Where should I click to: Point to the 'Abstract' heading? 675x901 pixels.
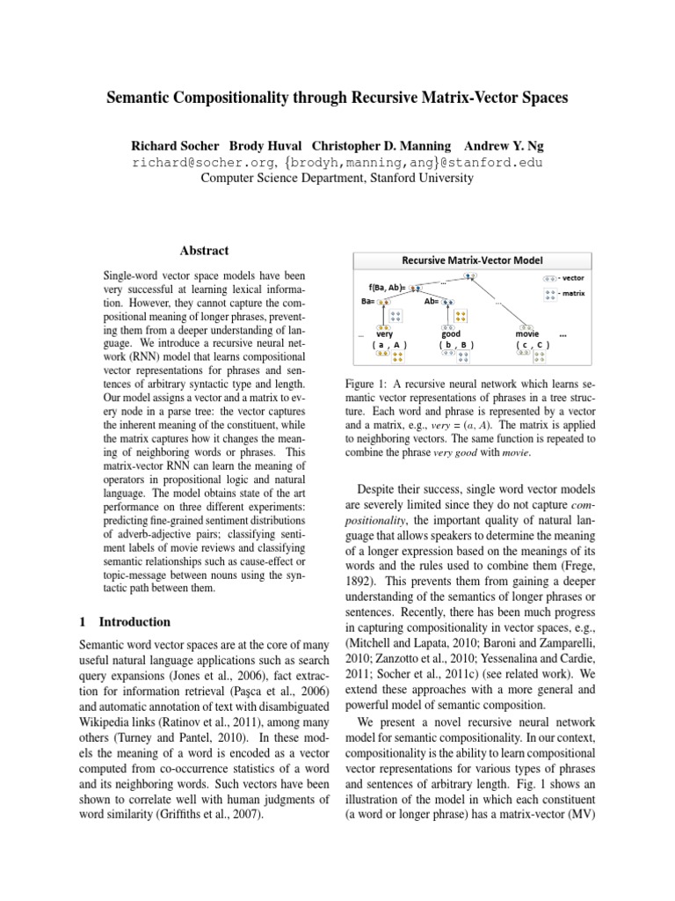(x=204, y=251)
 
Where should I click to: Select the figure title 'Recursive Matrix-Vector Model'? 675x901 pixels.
(x=472, y=260)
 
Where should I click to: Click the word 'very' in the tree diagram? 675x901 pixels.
(x=384, y=334)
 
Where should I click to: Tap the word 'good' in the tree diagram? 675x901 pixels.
(x=451, y=334)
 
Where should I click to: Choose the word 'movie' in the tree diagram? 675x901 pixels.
(x=527, y=334)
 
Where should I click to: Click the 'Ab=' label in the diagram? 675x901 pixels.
(x=431, y=301)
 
